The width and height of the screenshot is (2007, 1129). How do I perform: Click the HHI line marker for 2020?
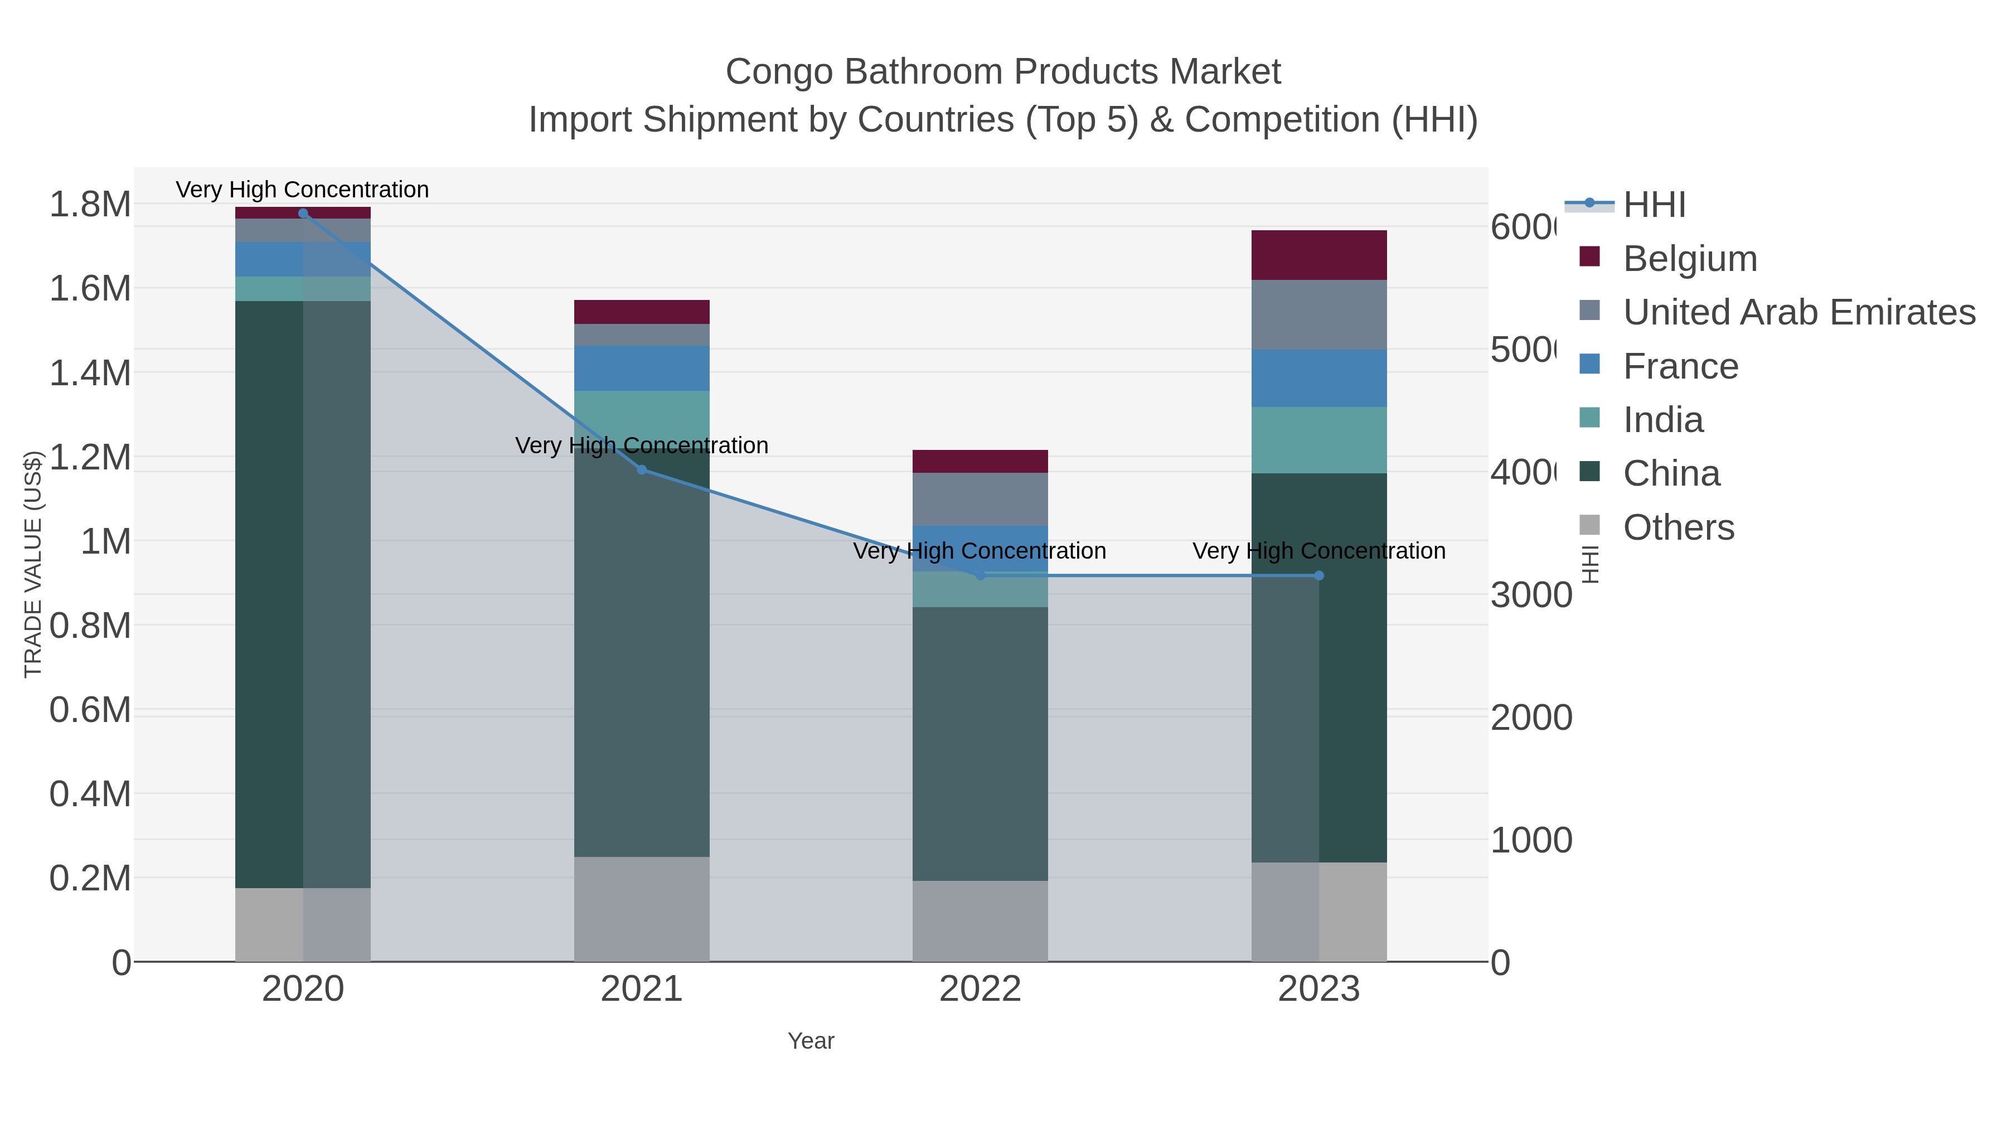(303, 214)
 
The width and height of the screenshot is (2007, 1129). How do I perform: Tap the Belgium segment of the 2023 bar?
(1319, 255)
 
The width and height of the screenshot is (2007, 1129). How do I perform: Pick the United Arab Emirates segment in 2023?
(1319, 315)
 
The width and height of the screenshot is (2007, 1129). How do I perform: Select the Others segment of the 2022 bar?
(980, 921)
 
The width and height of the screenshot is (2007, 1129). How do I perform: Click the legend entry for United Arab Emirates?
(1798, 312)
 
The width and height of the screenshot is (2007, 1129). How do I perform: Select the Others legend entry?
(1678, 527)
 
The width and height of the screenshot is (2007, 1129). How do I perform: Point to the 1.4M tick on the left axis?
(90, 373)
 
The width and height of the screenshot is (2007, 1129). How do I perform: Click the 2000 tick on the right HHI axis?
(1531, 718)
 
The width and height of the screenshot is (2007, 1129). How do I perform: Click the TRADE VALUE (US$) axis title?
(33, 564)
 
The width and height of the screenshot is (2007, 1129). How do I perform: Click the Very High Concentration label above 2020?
(302, 190)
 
